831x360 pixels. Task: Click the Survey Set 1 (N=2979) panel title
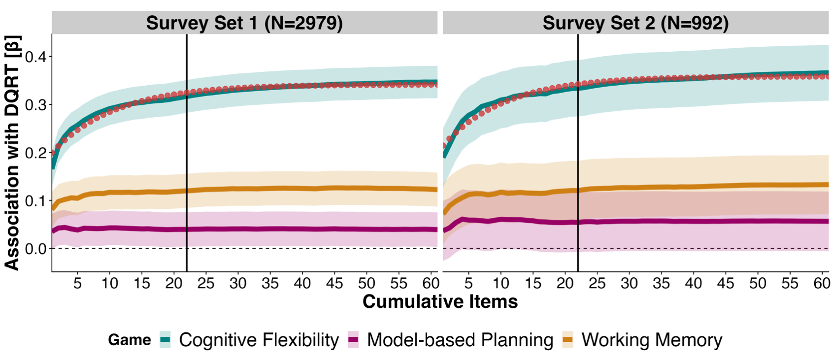[x=244, y=23]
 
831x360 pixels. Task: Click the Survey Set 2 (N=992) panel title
[x=635, y=23]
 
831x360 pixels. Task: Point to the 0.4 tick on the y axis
[x=35, y=57]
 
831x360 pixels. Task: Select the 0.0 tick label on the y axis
[x=35, y=249]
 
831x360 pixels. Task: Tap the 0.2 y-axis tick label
[x=35, y=153]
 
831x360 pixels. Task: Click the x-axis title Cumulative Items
[x=440, y=301]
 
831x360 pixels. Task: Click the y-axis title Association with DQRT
[x=12, y=153]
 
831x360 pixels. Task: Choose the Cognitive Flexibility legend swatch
[x=166, y=340]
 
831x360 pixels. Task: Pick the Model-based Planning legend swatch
[x=353, y=340]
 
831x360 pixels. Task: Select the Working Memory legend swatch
[x=568, y=340]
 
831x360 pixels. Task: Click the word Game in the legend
[x=130, y=340]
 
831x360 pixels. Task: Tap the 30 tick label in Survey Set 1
[x=238, y=283]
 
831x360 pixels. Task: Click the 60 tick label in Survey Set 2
[x=822, y=283]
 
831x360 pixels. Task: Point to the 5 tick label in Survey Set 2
[x=468, y=283]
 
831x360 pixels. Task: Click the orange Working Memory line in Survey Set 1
[x=296, y=189]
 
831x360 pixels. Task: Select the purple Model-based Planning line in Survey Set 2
[x=690, y=221]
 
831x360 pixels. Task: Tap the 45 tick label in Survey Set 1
[x=334, y=283]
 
